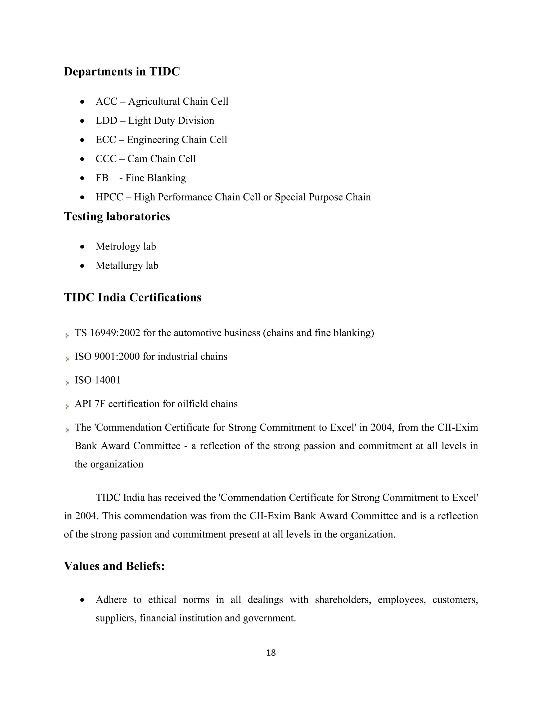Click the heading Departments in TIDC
coord(122,71)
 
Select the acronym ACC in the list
coord(106,101)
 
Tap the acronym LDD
coord(106,121)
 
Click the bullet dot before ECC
coord(83,140)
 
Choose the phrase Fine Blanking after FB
coord(155,178)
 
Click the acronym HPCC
coord(109,197)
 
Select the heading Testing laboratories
coord(117,216)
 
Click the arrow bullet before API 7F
coord(67,407)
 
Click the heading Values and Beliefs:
coord(114,566)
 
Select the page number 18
coord(271,653)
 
